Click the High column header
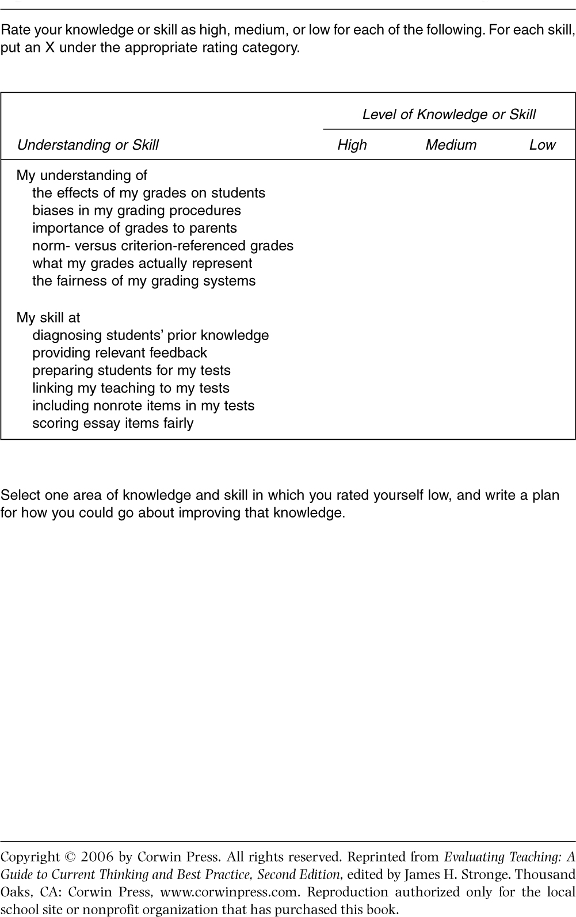click(x=352, y=145)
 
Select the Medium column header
click(x=451, y=145)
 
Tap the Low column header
click(x=542, y=145)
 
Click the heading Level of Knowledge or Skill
click(x=449, y=115)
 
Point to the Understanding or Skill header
click(x=87, y=145)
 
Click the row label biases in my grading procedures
click(x=136, y=211)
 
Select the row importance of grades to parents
click(x=134, y=228)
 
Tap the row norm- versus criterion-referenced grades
click(x=162, y=246)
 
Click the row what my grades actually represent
click(x=142, y=264)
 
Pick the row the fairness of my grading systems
click(x=144, y=281)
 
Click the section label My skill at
click(x=48, y=318)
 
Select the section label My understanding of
click(x=82, y=176)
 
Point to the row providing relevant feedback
click(x=119, y=353)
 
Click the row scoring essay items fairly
click(x=113, y=423)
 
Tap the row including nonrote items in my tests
click(x=143, y=406)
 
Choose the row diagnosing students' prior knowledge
click(x=150, y=336)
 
